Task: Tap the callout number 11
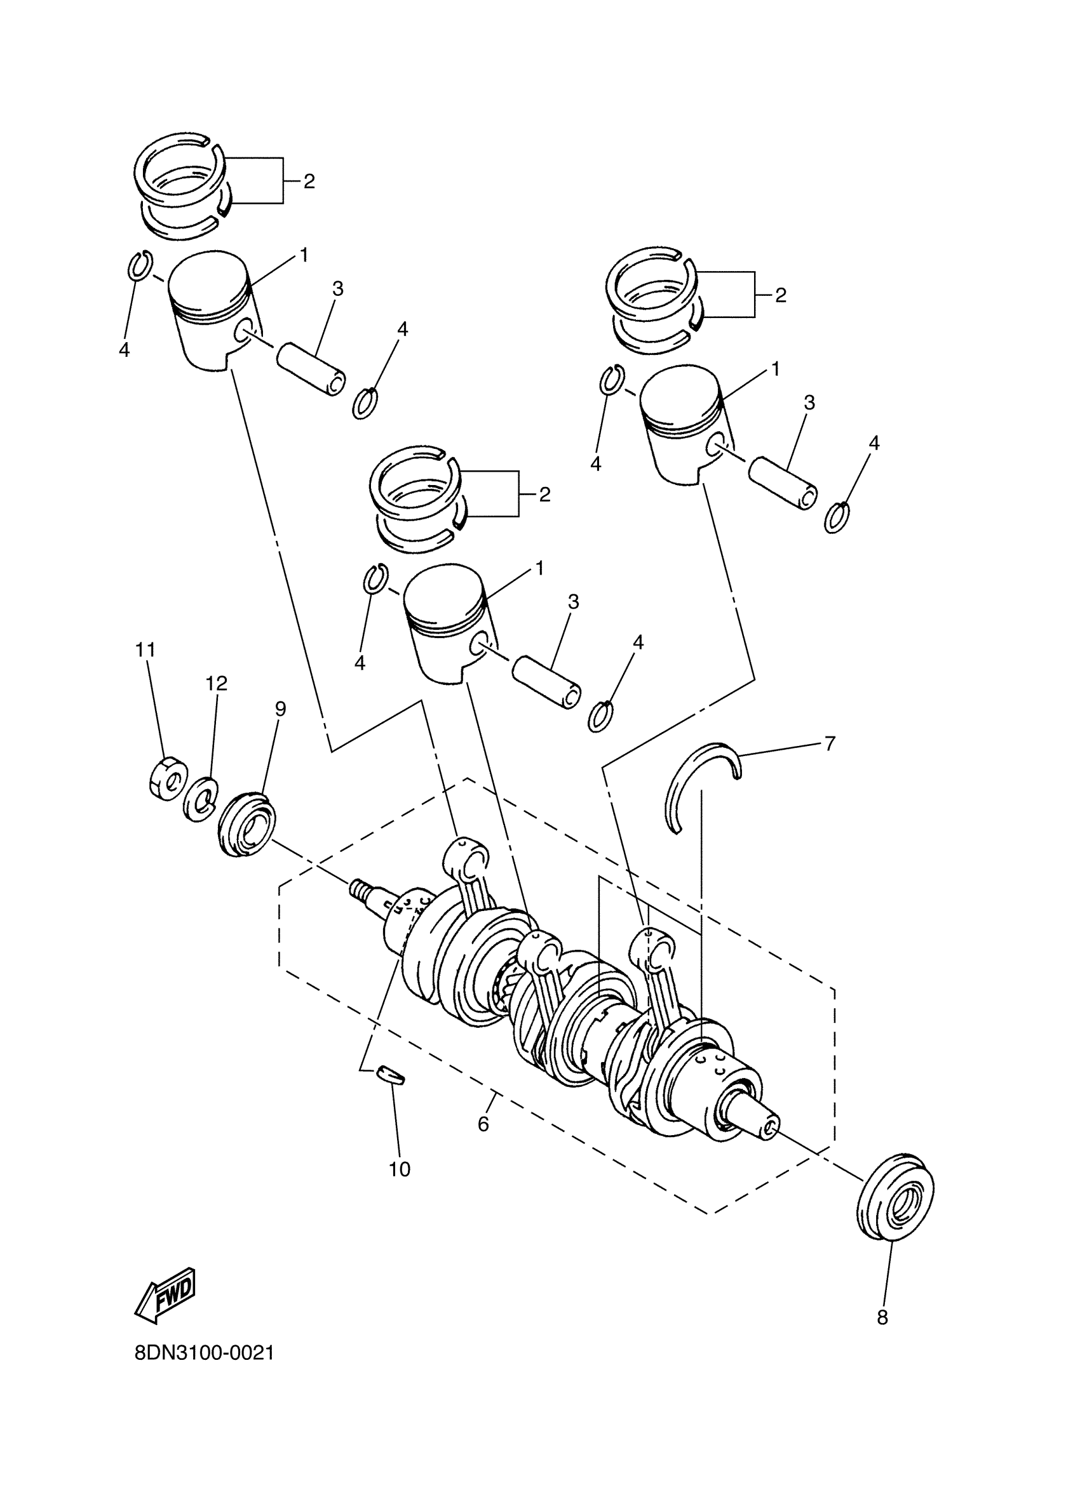tap(145, 649)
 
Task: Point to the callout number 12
tap(216, 683)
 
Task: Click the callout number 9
tap(281, 708)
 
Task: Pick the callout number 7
tap(830, 743)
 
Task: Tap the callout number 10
tap(400, 1169)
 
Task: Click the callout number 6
tap(483, 1124)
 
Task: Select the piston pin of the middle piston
tap(547, 681)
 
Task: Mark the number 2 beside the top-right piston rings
tap(780, 295)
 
